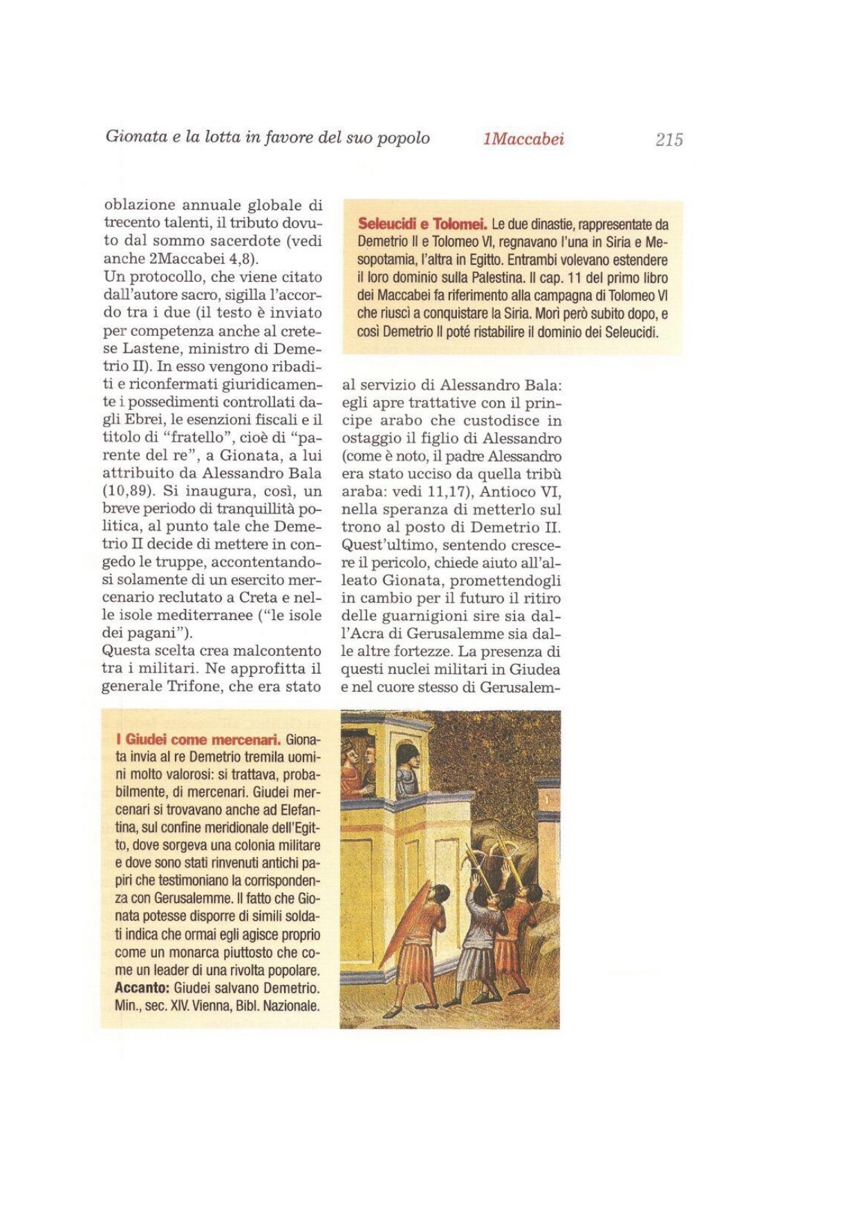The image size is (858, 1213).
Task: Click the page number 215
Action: click(x=669, y=140)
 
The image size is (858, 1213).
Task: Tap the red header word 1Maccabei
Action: click(x=523, y=139)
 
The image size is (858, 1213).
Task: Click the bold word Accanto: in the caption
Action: click(x=142, y=988)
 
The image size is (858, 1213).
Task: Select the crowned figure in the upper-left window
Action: click(x=349, y=759)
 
